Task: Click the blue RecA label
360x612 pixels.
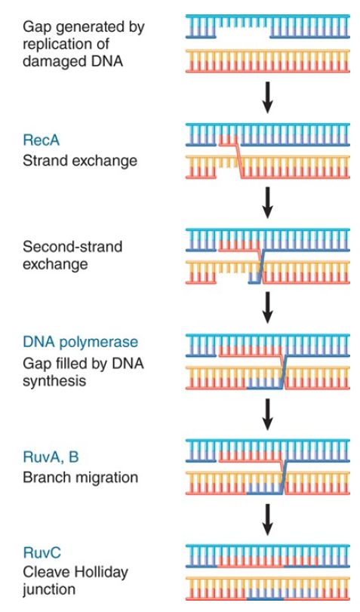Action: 41,140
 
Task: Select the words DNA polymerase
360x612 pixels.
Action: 81,343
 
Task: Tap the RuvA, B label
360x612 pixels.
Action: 51,457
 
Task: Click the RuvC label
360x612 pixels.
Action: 42,552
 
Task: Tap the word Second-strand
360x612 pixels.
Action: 72,247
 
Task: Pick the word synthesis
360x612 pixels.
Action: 54,381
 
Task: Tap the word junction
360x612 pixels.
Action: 49,590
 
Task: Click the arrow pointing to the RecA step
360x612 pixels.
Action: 267,97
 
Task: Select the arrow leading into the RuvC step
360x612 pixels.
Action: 267,519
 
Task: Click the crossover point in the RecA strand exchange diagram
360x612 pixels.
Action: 239,161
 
